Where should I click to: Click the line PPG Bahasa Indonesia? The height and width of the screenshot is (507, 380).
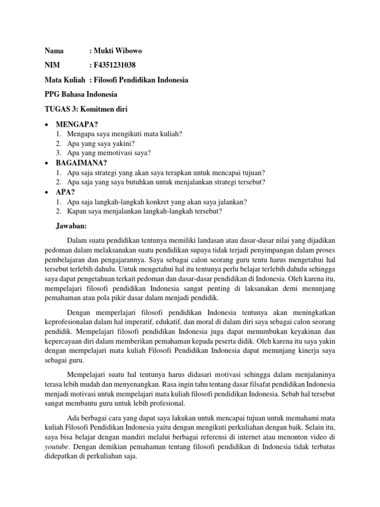click(x=81, y=94)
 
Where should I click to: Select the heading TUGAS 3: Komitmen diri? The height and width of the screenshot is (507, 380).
click(x=86, y=109)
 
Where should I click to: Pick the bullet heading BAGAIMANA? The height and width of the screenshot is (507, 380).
click(x=82, y=162)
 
